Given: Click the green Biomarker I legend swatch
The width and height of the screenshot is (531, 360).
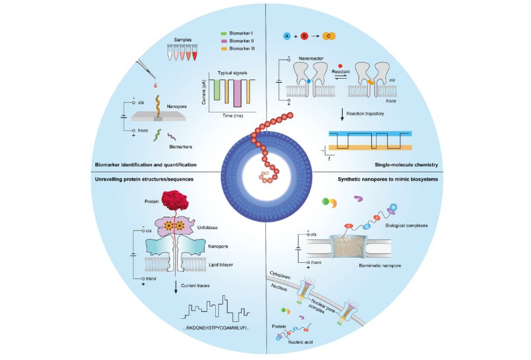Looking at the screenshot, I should click(x=223, y=32).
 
